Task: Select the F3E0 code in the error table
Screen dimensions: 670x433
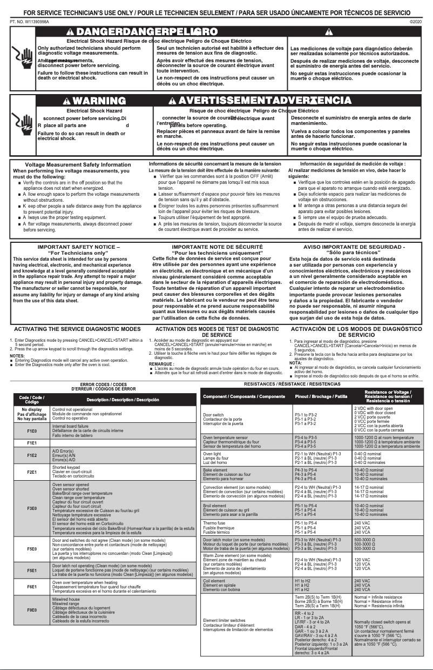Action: pyautogui.click(x=32, y=508)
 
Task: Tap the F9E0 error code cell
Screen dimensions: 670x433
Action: pyautogui.click(x=32, y=610)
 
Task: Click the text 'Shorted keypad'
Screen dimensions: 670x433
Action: pyautogui.click(x=66, y=467)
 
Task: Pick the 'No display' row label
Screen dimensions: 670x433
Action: pyautogui.click(x=32, y=410)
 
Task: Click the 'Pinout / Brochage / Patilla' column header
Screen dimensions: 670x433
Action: pyautogui.click(x=321, y=396)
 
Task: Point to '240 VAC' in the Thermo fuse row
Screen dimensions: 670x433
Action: pyautogui.click(x=362, y=523)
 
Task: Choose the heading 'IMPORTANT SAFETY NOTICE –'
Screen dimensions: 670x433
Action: pyautogui.click(x=78, y=247)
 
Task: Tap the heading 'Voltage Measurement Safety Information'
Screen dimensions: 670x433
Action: pyautogui.click(x=78, y=164)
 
